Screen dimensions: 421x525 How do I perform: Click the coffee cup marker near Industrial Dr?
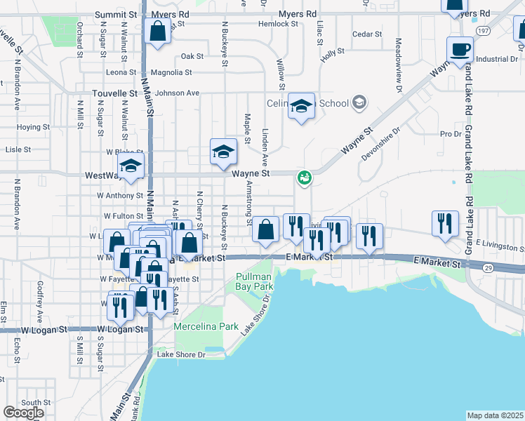(x=460, y=50)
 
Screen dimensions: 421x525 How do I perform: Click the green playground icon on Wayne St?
(x=304, y=177)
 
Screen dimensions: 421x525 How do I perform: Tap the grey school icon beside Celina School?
(x=359, y=103)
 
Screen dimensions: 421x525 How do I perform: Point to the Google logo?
(x=23, y=413)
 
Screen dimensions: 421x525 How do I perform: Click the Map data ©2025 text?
(x=496, y=415)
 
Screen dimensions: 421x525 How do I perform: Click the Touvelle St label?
(x=116, y=93)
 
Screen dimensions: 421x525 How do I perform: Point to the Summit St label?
(x=116, y=14)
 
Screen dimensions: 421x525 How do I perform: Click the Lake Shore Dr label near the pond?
(x=180, y=354)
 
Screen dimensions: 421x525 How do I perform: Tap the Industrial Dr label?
(x=496, y=59)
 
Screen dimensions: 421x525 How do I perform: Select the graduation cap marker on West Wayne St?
(x=131, y=167)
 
